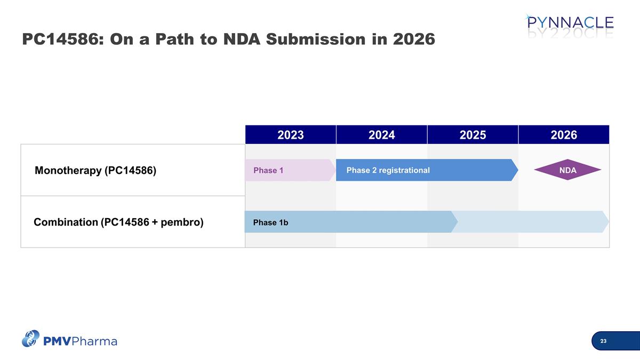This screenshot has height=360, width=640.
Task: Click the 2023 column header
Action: tap(291, 135)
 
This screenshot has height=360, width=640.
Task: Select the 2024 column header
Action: tap(381, 135)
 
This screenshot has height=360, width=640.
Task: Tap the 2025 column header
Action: tap(473, 135)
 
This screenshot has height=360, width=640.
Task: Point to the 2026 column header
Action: tap(564, 135)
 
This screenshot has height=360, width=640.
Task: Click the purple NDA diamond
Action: tap(567, 170)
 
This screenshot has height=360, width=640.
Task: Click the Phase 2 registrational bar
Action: tap(427, 170)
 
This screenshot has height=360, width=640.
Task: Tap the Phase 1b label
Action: tap(270, 222)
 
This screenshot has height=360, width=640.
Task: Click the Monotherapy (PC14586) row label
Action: tap(95, 171)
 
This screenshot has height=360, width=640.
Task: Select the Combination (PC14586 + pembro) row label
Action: tap(118, 222)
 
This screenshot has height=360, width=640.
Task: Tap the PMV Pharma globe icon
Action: tap(31, 338)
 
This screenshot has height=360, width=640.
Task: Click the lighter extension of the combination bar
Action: tap(531, 222)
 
